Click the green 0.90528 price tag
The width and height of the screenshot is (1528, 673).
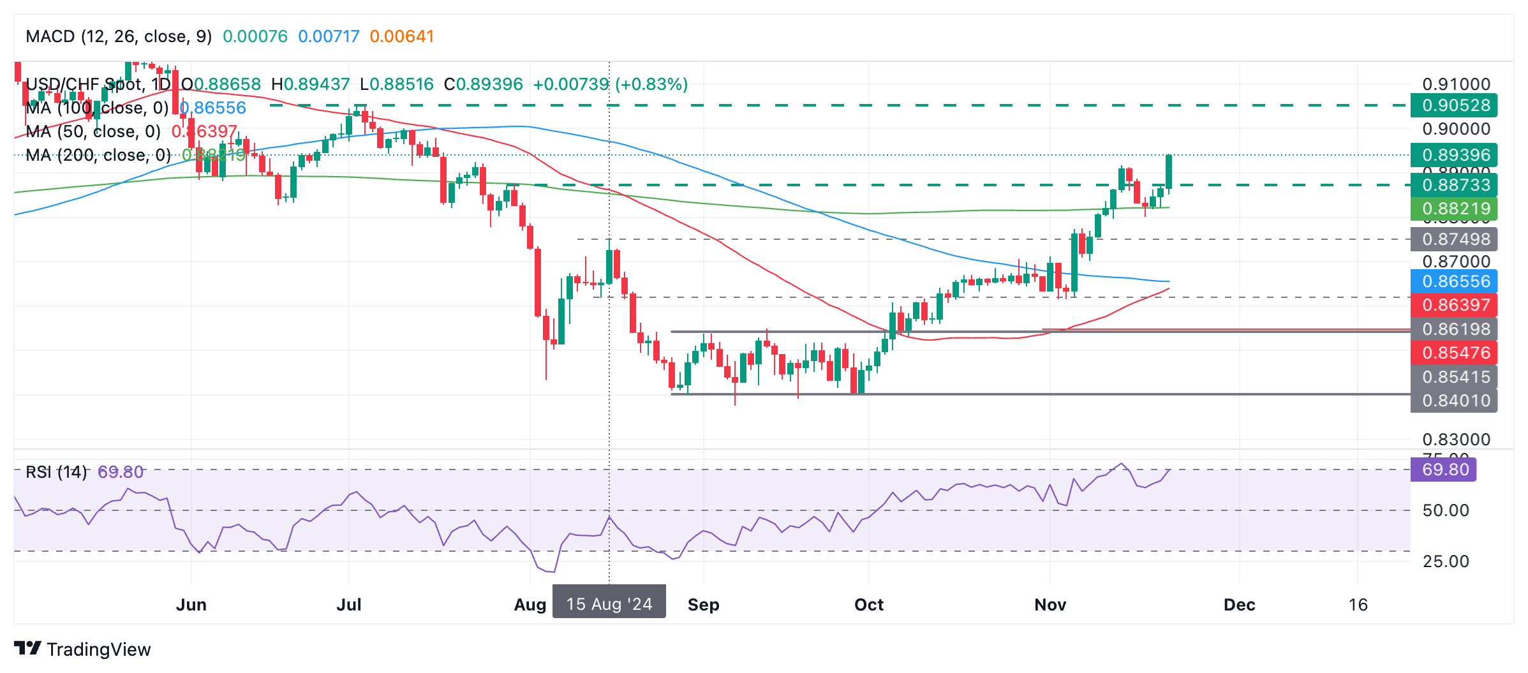[1453, 105]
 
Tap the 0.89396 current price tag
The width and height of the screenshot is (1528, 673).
[1453, 155]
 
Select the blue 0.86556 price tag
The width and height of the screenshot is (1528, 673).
[1453, 281]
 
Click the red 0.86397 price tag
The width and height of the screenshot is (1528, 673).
[1453, 305]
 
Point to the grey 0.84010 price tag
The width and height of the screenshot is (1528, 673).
[1453, 401]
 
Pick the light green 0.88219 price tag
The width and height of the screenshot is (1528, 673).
[1453, 209]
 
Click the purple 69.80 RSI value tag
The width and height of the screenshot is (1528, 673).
[1443, 470]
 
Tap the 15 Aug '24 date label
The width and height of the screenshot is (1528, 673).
[609, 604]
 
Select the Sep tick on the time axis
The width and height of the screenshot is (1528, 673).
[703, 605]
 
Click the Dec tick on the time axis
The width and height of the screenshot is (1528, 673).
[1239, 605]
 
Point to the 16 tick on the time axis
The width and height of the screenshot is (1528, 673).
[1358, 605]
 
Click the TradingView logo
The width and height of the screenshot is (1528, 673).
[82, 649]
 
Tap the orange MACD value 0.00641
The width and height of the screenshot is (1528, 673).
[401, 36]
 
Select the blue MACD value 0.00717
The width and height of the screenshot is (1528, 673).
[329, 36]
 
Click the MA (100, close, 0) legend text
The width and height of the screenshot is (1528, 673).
[97, 108]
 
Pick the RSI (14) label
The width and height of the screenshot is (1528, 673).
[56, 472]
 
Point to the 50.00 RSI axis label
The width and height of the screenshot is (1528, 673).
[1446, 510]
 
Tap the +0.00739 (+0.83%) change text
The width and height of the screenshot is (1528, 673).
[610, 84]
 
